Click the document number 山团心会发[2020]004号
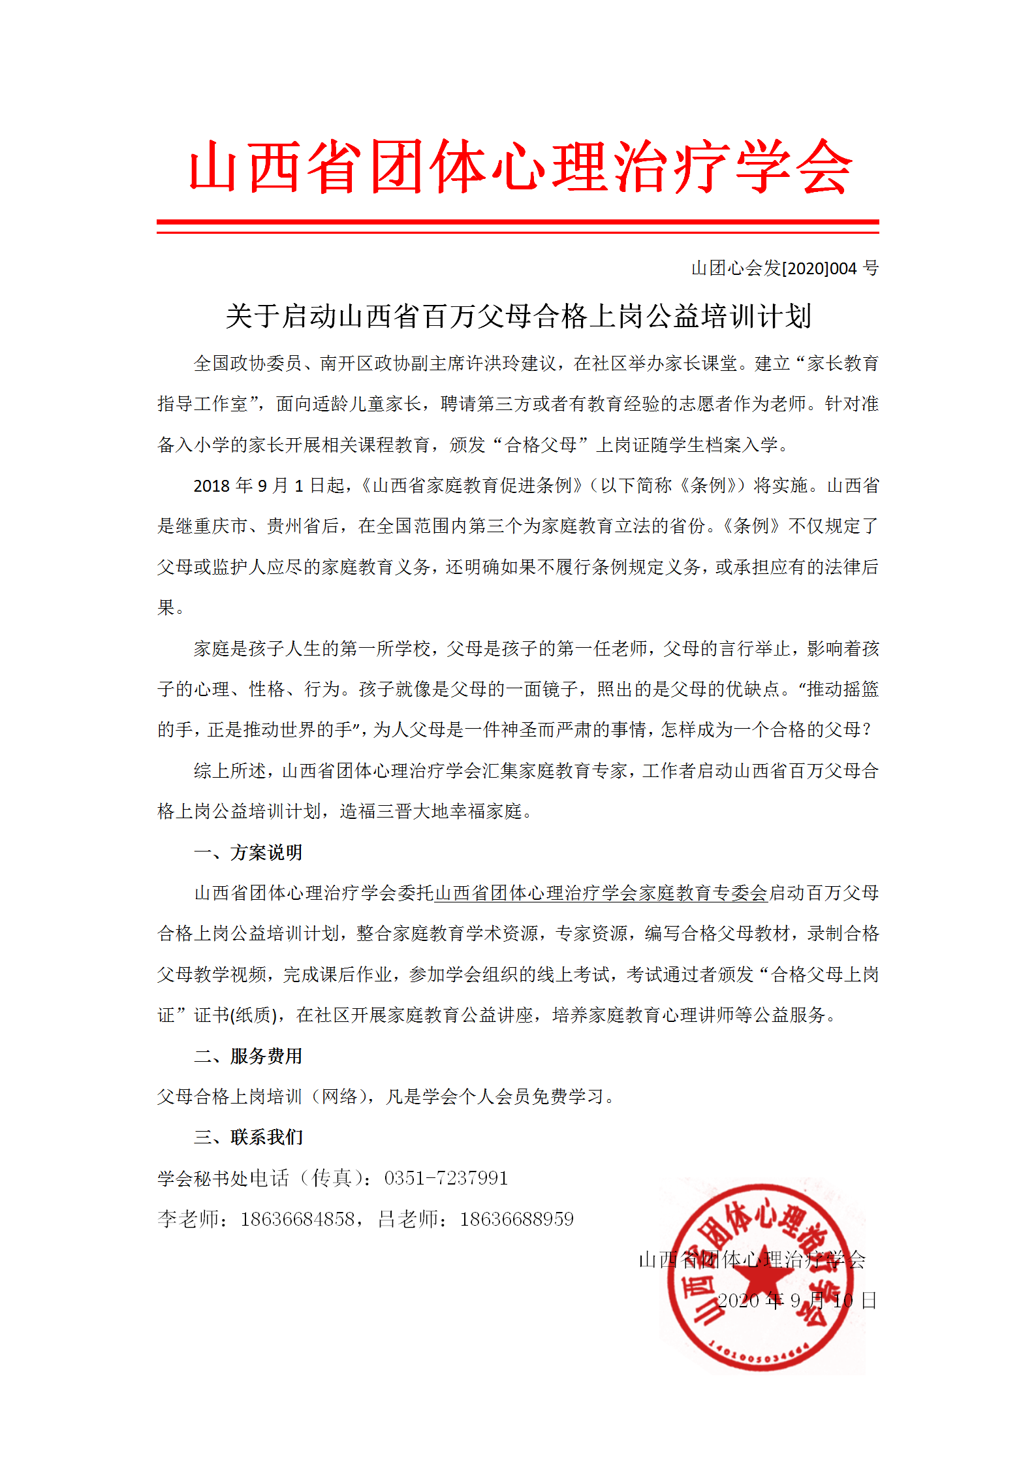click(785, 268)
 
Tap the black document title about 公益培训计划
click(518, 317)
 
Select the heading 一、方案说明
click(248, 852)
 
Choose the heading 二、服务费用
click(248, 1056)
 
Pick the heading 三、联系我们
click(248, 1137)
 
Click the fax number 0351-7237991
click(446, 1178)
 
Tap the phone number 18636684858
click(297, 1219)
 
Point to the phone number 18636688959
click(516, 1219)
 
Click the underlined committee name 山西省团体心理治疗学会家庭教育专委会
click(601, 893)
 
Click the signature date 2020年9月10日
click(796, 1301)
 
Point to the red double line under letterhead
click(518, 226)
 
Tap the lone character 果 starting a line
click(166, 607)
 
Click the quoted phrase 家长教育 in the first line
click(843, 363)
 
